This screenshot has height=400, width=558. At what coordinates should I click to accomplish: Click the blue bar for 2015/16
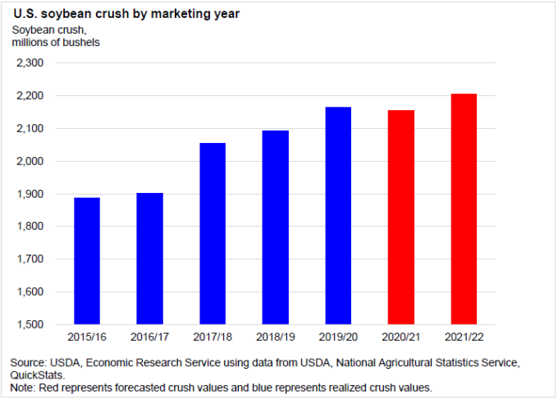point(86,260)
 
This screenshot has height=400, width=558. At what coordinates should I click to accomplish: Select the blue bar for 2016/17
point(149,258)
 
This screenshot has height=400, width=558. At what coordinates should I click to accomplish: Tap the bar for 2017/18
point(212,233)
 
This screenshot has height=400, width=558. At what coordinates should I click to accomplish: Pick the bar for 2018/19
point(275,227)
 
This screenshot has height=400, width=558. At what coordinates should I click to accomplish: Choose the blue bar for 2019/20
point(338,215)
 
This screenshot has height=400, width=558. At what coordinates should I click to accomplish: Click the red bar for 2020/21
point(400,217)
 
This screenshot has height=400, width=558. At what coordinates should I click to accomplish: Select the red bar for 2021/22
point(464,209)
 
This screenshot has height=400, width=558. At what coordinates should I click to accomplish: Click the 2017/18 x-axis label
point(212,337)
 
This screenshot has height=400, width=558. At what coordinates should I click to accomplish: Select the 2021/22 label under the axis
point(464,337)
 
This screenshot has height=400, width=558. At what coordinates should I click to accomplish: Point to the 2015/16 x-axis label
point(86,337)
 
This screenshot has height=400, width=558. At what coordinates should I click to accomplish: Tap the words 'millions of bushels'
point(56,42)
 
